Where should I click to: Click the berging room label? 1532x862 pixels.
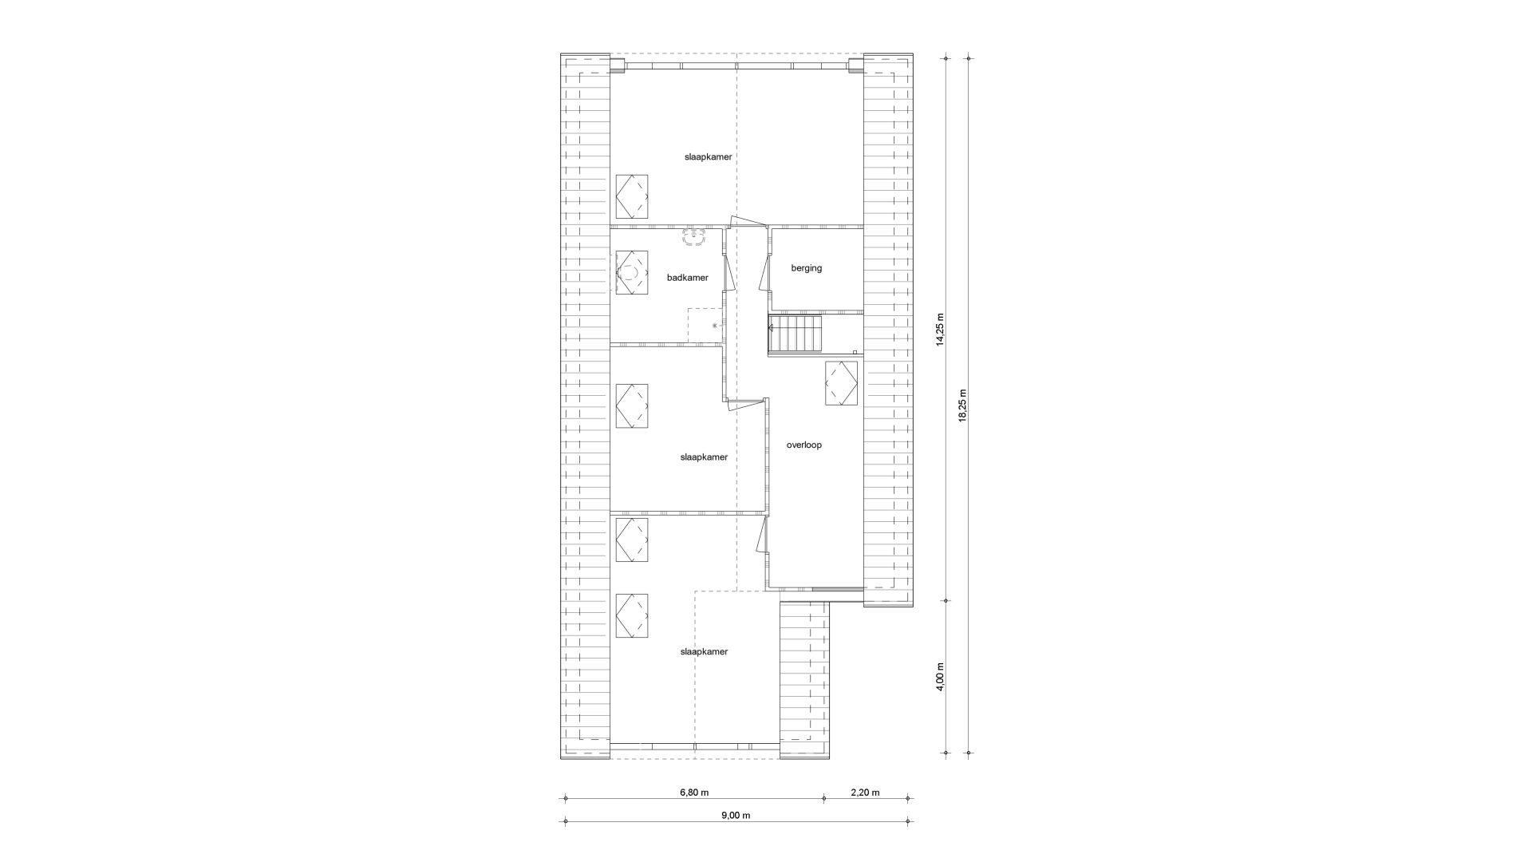pos(806,268)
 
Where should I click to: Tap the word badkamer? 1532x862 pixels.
pos(687,278)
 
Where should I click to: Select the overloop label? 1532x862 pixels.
pos(804,445)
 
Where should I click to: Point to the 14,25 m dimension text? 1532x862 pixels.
pos(940,328)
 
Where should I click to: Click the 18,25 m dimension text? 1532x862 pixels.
pos(962,405)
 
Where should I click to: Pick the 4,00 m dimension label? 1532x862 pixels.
pos(940,676)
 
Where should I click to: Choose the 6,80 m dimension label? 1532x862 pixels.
pos(694,793)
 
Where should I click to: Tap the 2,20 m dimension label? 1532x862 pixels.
pos(865,793)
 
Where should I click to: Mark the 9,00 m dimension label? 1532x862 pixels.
pos(736,815)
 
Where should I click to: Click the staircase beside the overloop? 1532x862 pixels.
pos(795,334)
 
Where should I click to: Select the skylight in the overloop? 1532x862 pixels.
pos(841,383)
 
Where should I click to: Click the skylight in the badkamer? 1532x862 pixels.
pos(631,273)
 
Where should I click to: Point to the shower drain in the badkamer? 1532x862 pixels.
pos(714,326)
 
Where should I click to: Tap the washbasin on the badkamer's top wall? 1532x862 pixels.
pos(693,236)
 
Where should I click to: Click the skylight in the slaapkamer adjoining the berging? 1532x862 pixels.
pos(631,196)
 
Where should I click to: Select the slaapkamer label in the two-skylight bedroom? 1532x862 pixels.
pos(704,651)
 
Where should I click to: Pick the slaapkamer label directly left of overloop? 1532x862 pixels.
pos(704,457)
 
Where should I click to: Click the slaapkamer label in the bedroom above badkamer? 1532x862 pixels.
pos(708,156)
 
